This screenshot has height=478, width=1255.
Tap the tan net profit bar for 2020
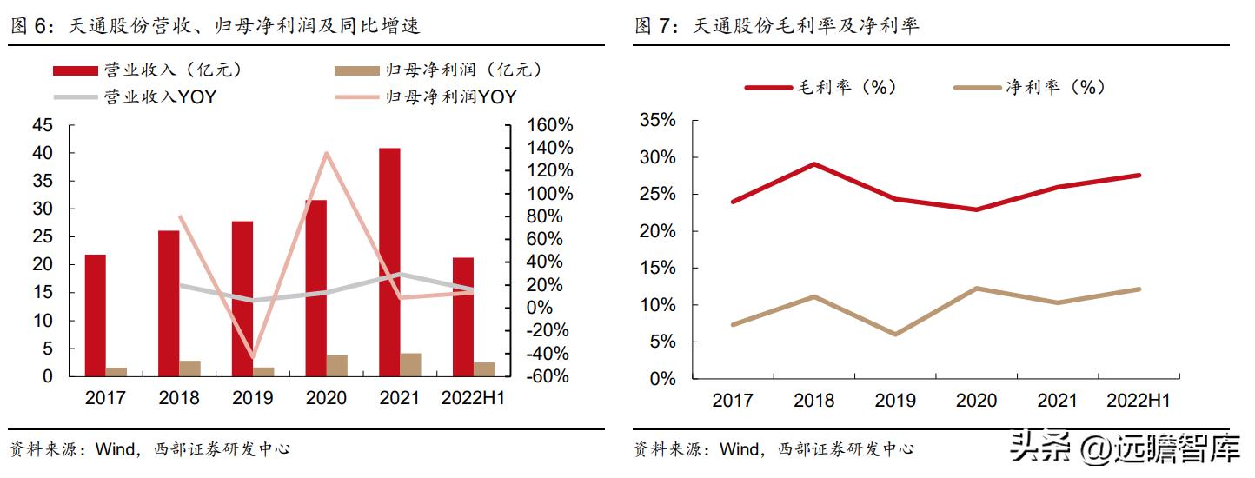coord(336,366)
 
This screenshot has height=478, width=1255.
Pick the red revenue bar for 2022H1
coord(463,317)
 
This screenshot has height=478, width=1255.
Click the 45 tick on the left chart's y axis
coord(42,125)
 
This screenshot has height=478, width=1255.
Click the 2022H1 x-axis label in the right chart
coord(1139,401)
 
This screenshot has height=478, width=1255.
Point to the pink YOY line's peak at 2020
coord(326,154)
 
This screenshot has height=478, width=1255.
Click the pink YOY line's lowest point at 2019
coord(253,357)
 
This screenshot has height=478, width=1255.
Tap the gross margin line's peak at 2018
coord(813,163)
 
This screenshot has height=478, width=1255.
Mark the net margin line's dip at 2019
coord(895,334)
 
